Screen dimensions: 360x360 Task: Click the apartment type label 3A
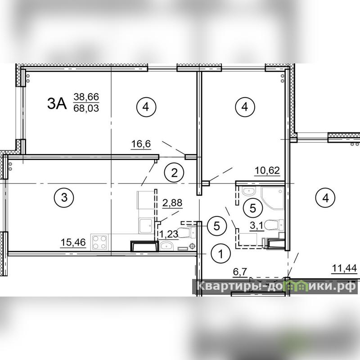57,103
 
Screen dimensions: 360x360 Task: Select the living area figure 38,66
86,97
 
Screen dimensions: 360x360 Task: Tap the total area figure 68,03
86,108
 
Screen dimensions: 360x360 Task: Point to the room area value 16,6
141,144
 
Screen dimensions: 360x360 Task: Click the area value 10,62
267,171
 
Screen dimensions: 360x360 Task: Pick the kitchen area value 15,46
73,242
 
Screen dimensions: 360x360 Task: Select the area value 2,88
172,203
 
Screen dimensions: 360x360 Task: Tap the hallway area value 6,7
240,272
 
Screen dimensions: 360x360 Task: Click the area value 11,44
344,268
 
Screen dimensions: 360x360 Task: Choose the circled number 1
220,254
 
